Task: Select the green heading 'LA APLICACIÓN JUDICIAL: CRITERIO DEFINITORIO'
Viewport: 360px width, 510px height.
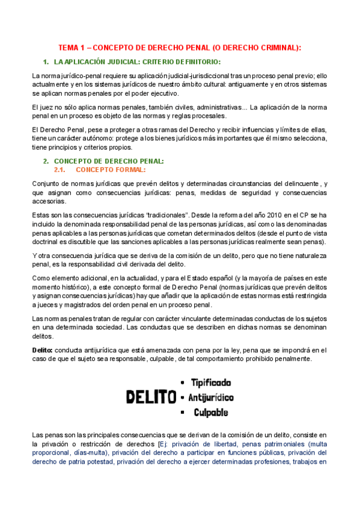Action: click(137, 62)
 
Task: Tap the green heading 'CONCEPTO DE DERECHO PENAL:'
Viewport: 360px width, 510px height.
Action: click(109, 161)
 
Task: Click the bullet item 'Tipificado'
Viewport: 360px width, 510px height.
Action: click(210, 382)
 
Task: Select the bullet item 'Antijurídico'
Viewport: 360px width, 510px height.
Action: click(211, 398)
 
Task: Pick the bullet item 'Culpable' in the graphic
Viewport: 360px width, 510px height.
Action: click(210, 413)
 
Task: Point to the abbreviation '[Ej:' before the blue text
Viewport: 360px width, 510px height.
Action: click(159, 444)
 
